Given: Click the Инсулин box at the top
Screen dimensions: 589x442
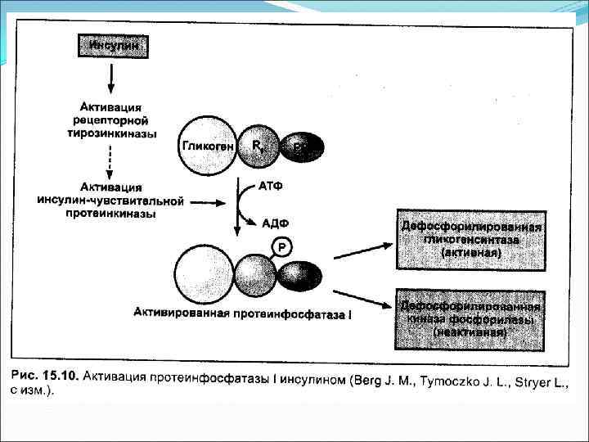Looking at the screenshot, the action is tap(113, 46).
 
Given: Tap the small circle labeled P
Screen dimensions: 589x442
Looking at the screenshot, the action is tap(282, 246).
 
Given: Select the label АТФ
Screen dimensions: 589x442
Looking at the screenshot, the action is tap(271, 187).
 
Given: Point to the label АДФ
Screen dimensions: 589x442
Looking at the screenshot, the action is tap(275, 222).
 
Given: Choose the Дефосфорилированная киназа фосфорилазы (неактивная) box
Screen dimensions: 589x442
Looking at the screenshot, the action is tap(470, 319).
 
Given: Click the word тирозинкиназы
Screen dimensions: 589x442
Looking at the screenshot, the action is tap(112, 133).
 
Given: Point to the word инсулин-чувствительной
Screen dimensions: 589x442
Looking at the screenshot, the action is tap(110, 201).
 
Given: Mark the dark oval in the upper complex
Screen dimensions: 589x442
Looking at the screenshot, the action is tap(302, 147).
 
